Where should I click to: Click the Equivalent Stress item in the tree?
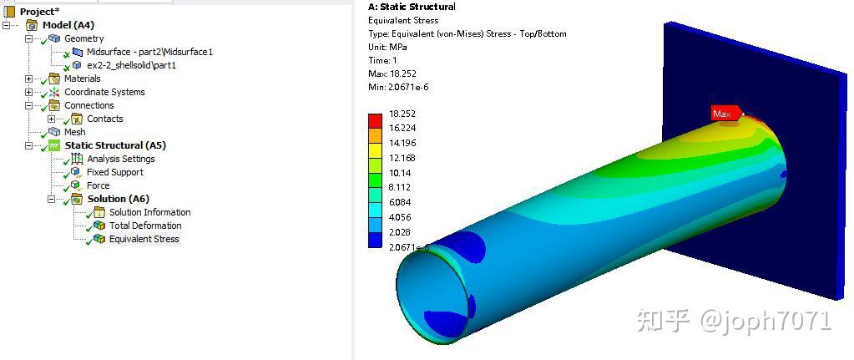(x=144, y=239)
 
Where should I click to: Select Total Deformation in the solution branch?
(x=144, y=226)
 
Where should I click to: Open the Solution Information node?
(x=149, y=212)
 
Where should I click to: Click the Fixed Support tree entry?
(x=114, y=172)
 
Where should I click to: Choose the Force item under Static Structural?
(x=98, y=185)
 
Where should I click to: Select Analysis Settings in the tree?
(x=120, y=159)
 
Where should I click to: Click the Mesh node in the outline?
(x=74, y=132)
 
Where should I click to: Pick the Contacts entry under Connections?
(x=104, y=119)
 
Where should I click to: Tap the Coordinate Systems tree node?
(x=104, y=92)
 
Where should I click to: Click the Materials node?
(x=82, y=79)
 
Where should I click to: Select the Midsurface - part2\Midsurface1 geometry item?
(x=149, y=52)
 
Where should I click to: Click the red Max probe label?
(x=722, y=114)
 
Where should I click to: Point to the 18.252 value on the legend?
(x=402, y=114)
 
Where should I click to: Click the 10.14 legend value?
(x=399, y=173)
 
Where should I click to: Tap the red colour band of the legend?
(x=375, y=120)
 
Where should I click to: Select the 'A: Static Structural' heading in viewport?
(x=412, y=7)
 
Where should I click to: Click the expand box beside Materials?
(x=29, y=79)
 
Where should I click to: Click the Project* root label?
(x=39, y=12)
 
